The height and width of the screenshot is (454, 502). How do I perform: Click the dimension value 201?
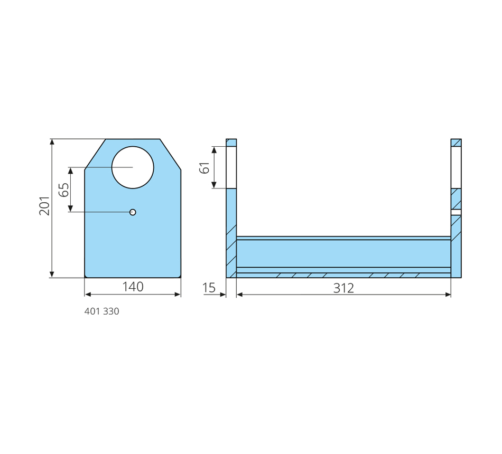click(x=44, y=206)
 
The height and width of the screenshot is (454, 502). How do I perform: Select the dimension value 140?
click(x=133, y=287)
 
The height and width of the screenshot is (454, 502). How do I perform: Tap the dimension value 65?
click(x=64, y=190)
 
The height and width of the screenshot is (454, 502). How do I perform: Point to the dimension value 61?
click(x=204, y=168)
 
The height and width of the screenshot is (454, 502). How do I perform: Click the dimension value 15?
click(x=209, y=288)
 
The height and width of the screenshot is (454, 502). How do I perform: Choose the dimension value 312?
click(x=343, y=288)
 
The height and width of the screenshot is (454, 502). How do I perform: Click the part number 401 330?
click(x=101, y=311)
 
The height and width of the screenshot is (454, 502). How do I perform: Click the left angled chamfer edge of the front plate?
click(x=95, y=154)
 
